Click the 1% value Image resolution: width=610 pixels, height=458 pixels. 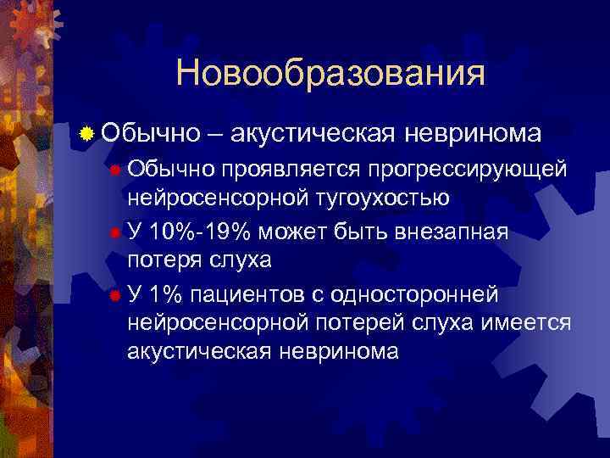point(167,293)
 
